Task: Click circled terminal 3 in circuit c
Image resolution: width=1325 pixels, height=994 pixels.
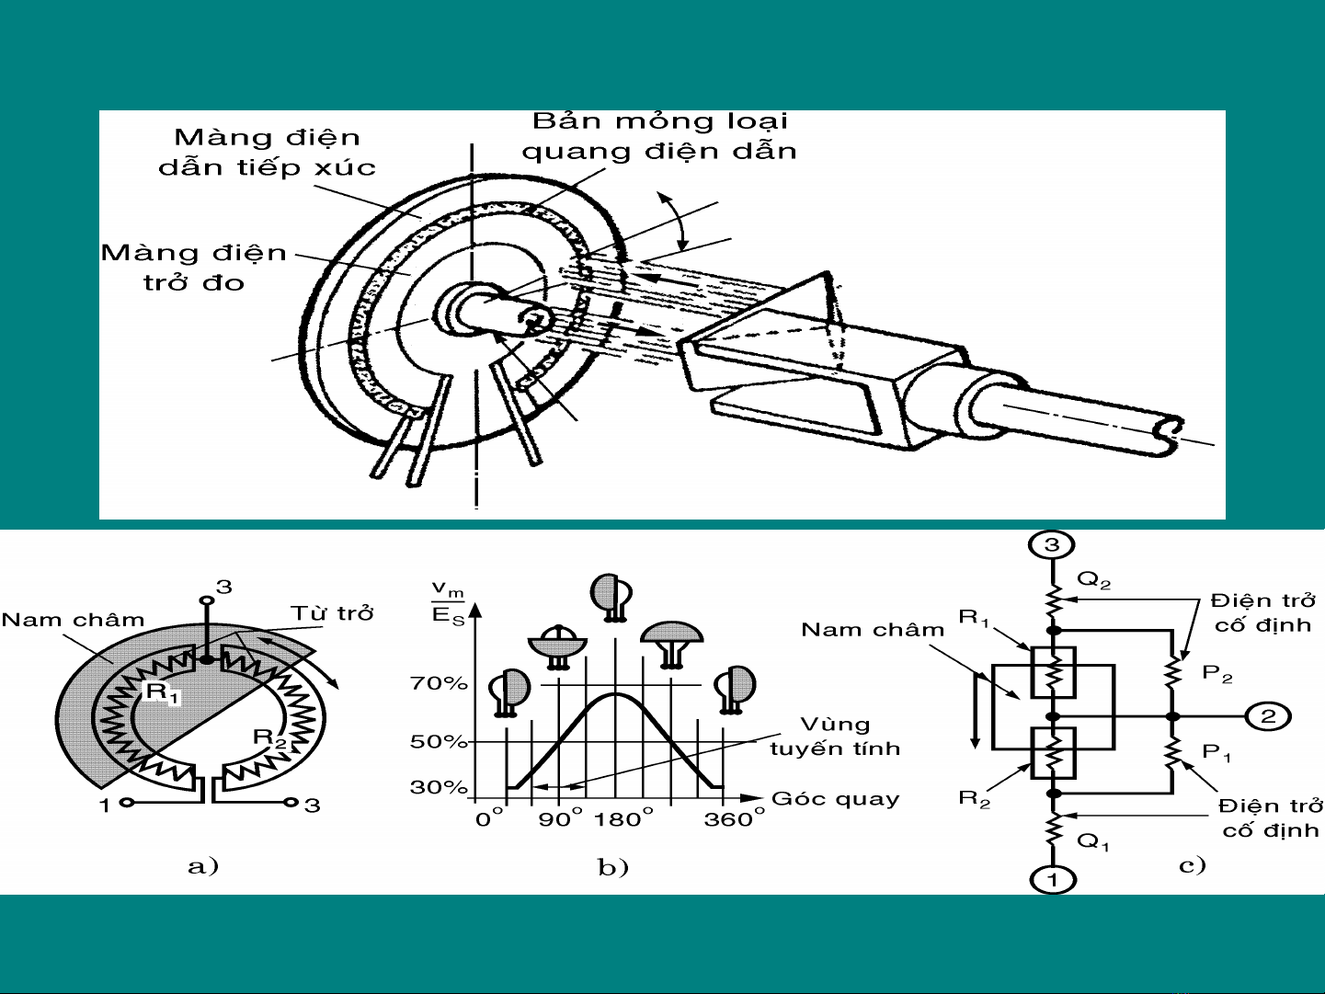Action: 1052,545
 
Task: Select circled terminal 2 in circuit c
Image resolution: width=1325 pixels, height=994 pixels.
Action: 1268,716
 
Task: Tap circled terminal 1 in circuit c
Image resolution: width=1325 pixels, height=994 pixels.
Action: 1053,879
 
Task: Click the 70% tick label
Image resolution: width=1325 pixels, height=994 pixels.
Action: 439,684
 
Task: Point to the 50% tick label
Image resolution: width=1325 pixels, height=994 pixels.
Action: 439,741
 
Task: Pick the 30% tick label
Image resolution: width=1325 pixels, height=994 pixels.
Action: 439,787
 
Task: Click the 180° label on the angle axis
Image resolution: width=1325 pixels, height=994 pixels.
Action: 623,819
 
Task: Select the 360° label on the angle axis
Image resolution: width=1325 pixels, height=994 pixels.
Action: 734,819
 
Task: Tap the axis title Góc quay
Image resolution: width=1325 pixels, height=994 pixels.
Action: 836,798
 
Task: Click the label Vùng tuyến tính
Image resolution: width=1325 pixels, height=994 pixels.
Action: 835,737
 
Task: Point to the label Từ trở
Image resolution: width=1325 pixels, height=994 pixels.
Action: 332,612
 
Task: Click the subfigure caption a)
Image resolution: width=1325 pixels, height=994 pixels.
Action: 203,866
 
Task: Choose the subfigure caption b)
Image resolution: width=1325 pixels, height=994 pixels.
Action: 613,867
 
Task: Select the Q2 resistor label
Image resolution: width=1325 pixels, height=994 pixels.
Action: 1094,580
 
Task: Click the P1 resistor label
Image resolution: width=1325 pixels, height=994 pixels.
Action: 1216,752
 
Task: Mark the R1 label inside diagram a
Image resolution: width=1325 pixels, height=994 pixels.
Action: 163,692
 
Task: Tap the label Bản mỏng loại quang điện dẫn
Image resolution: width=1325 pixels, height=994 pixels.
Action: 660,136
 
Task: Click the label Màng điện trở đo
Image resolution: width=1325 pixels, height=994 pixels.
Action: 194,268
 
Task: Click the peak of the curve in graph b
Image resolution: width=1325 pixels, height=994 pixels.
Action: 614,694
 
